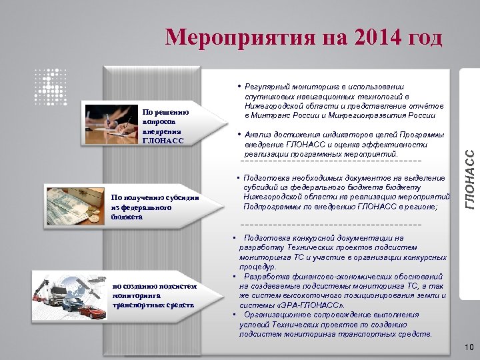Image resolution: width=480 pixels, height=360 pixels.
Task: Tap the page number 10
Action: pyautogui.click(x=468, y=347)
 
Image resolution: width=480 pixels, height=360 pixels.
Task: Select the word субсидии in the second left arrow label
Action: pyautogui.click(x=185, y=197)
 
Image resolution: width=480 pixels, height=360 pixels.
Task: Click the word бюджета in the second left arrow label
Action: pyautogui.click(x=127, y=217)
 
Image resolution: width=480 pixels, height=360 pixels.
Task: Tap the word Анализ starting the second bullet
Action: pyautogui.click(x=259, y=136)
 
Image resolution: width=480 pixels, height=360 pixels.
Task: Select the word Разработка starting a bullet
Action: pyautogui.click(x=266, y=276)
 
